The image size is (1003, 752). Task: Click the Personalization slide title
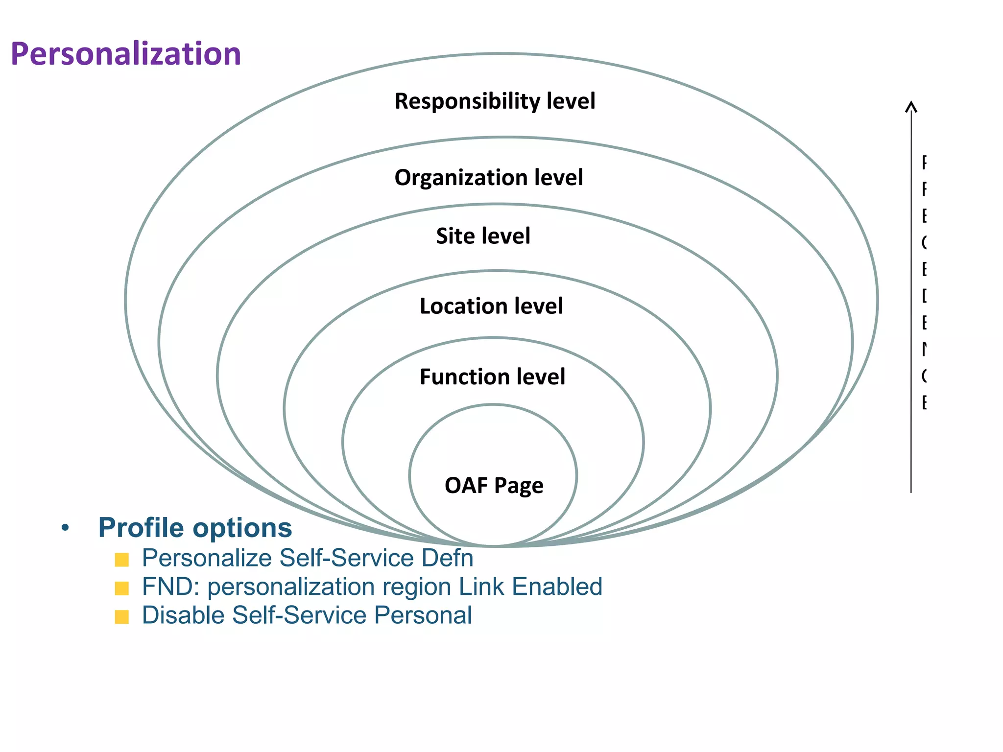click(126, 54)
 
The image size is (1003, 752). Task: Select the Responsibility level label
click(495, 101)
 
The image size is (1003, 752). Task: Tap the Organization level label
click(489, 177)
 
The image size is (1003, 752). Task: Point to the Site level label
click(483, 236)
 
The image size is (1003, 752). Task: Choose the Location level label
click(491, 306)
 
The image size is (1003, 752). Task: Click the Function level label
click(492, 377)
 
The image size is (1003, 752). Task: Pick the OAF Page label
click(494, 485)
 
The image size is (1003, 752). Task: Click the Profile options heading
click(195, 528)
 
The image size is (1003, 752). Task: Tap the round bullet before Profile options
click(65, 528)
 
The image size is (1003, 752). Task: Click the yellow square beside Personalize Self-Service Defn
click(121, 560)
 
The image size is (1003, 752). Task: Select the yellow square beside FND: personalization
click(121, 588)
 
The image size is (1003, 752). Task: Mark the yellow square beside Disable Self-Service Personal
click(121, 617)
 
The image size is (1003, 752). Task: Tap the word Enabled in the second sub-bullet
click(557, 587)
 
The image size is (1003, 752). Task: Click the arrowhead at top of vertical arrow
click(911, 105)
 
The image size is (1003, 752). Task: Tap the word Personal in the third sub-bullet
click(423, 615)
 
